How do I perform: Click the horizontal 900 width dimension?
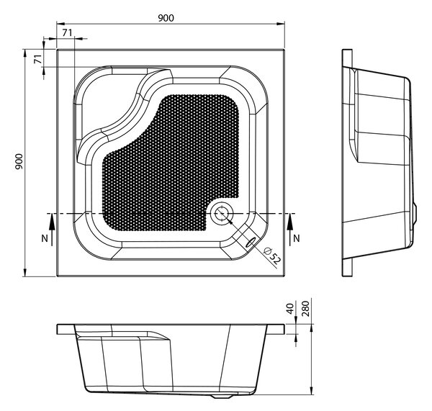tap(166, 18)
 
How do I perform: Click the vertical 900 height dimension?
tap(19, 162)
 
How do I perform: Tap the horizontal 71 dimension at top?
tap(67, 33)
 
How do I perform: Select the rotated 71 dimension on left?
tap(38, 59)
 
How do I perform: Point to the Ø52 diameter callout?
tap(272, 256)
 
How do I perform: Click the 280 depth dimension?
tap(305, 309)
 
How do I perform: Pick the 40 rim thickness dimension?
tap(290, 309)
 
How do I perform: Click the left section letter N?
tap(45, 238)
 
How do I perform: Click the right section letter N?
tap(297, 238)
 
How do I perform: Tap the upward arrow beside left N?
tap(52, 230)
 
